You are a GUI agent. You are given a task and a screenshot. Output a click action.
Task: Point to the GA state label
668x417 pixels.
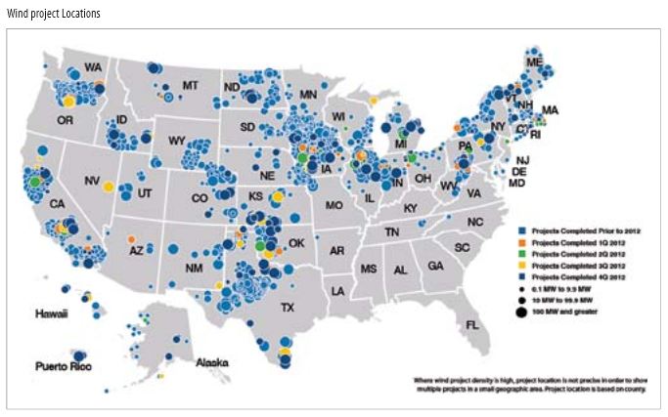click(434, 266)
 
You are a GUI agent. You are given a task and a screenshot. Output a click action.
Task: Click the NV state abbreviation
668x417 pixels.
click(93, 181)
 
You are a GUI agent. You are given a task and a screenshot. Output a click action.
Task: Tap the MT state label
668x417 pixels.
click(189, 86)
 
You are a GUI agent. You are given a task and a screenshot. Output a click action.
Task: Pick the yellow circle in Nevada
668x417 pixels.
click(109, 187)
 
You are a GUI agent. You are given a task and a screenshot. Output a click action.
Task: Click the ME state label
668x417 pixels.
click(533, 62)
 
